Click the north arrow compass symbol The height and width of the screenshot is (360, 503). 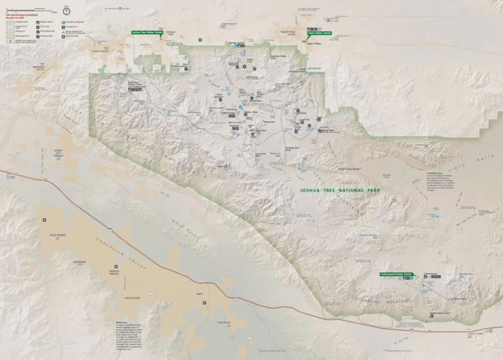(66, 10)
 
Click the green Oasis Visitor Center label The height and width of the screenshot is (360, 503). (319, 33)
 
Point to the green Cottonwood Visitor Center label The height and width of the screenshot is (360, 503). (396, 274)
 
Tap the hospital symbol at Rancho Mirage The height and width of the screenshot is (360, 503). (117, 266)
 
